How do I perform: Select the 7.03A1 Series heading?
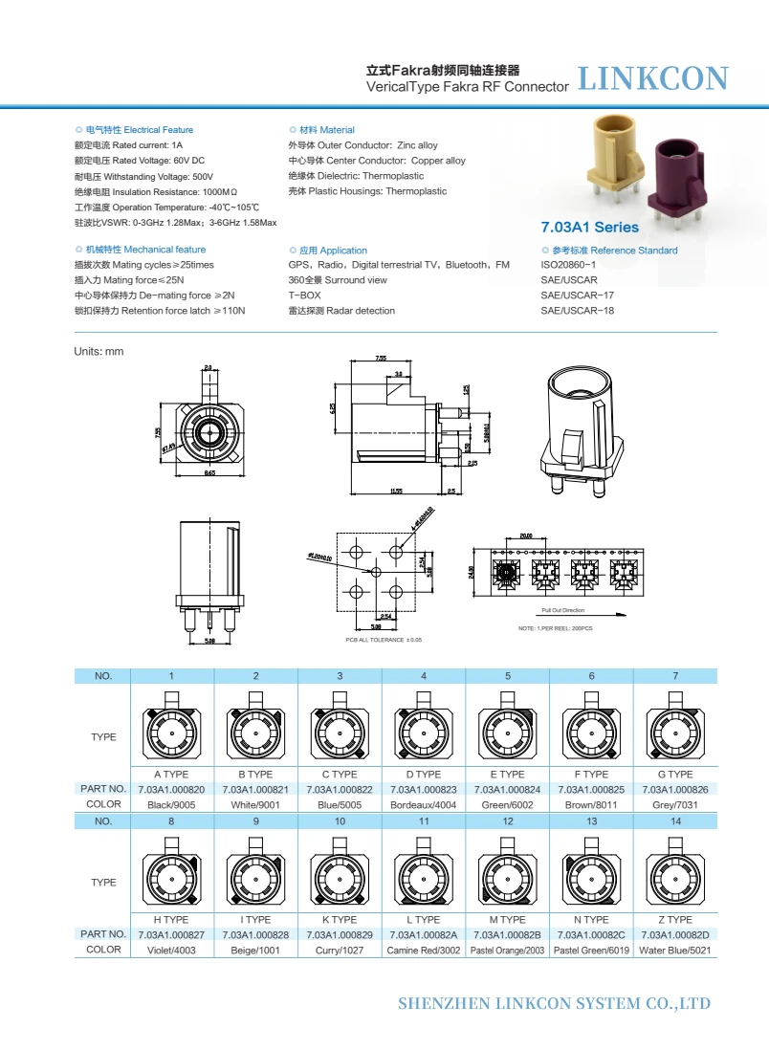(589, 228)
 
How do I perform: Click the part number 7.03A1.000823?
(424, 789)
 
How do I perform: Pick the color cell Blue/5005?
(340, 805)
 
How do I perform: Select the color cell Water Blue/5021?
(675, 951)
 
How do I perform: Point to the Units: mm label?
(99, 352)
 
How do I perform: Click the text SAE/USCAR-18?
(577, 311)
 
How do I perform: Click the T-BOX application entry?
(304, 295)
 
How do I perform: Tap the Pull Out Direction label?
(562, 609)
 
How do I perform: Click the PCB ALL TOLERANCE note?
(384, 639)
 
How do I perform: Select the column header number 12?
(508, 821)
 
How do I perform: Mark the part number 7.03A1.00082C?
(591, 934)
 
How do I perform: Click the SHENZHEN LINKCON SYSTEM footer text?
(554, 1003)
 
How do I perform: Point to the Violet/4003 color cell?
(171, 951)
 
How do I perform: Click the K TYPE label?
(340, 919)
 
